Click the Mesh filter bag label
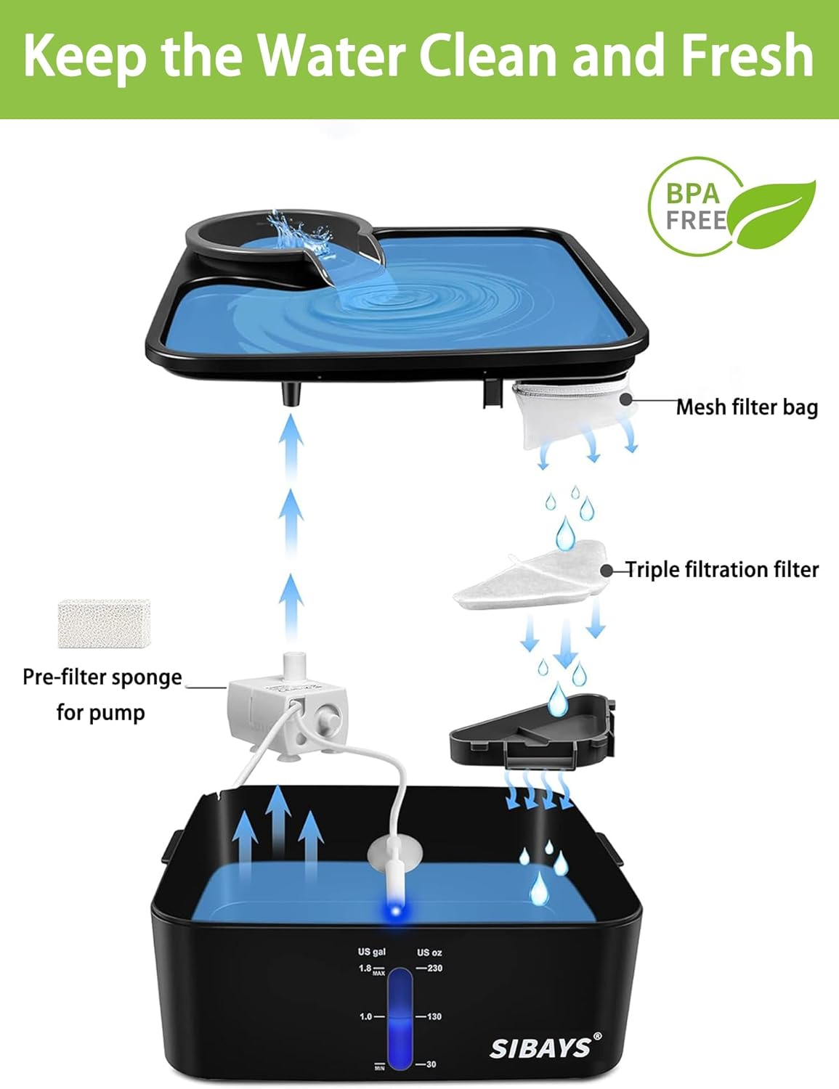coord(747,407)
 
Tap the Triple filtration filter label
coord(722,570)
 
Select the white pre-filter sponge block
coord(104,623)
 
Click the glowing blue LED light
coord(394,910)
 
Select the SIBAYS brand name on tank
coord(540,1048)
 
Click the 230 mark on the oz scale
coord(434,968)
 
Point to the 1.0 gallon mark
coord(365,1016)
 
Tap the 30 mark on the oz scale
coord(431,1064)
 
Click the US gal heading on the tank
coord(371,952)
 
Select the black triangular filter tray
coord(530,733)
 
